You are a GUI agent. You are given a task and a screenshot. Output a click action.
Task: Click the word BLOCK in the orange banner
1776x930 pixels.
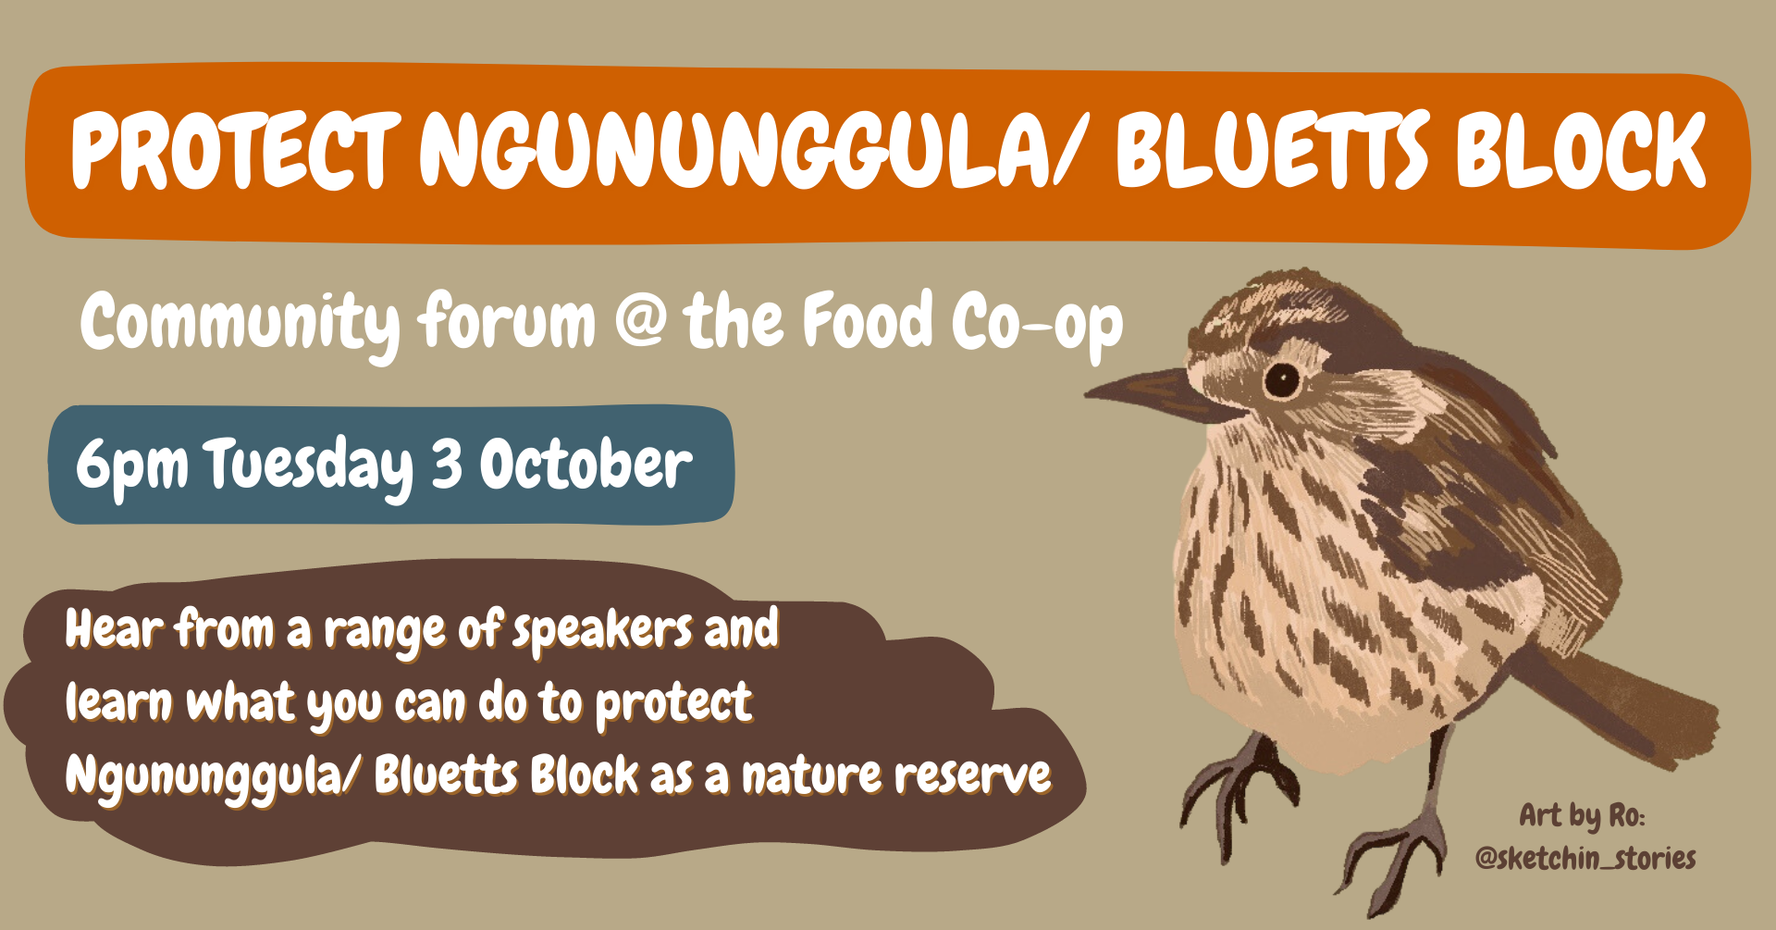(1581, 148)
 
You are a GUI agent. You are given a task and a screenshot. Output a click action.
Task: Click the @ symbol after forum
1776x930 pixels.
(640, 320)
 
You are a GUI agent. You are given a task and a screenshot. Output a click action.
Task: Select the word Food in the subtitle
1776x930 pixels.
(869, 319)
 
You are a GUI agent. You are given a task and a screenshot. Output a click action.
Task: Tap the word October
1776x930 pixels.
(586, 462)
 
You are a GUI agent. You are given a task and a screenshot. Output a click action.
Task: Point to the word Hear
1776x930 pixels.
(114, 629)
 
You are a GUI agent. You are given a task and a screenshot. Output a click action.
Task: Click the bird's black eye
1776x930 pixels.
(1282, 379)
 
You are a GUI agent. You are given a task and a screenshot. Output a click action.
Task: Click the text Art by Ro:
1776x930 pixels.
(1582, 815)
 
